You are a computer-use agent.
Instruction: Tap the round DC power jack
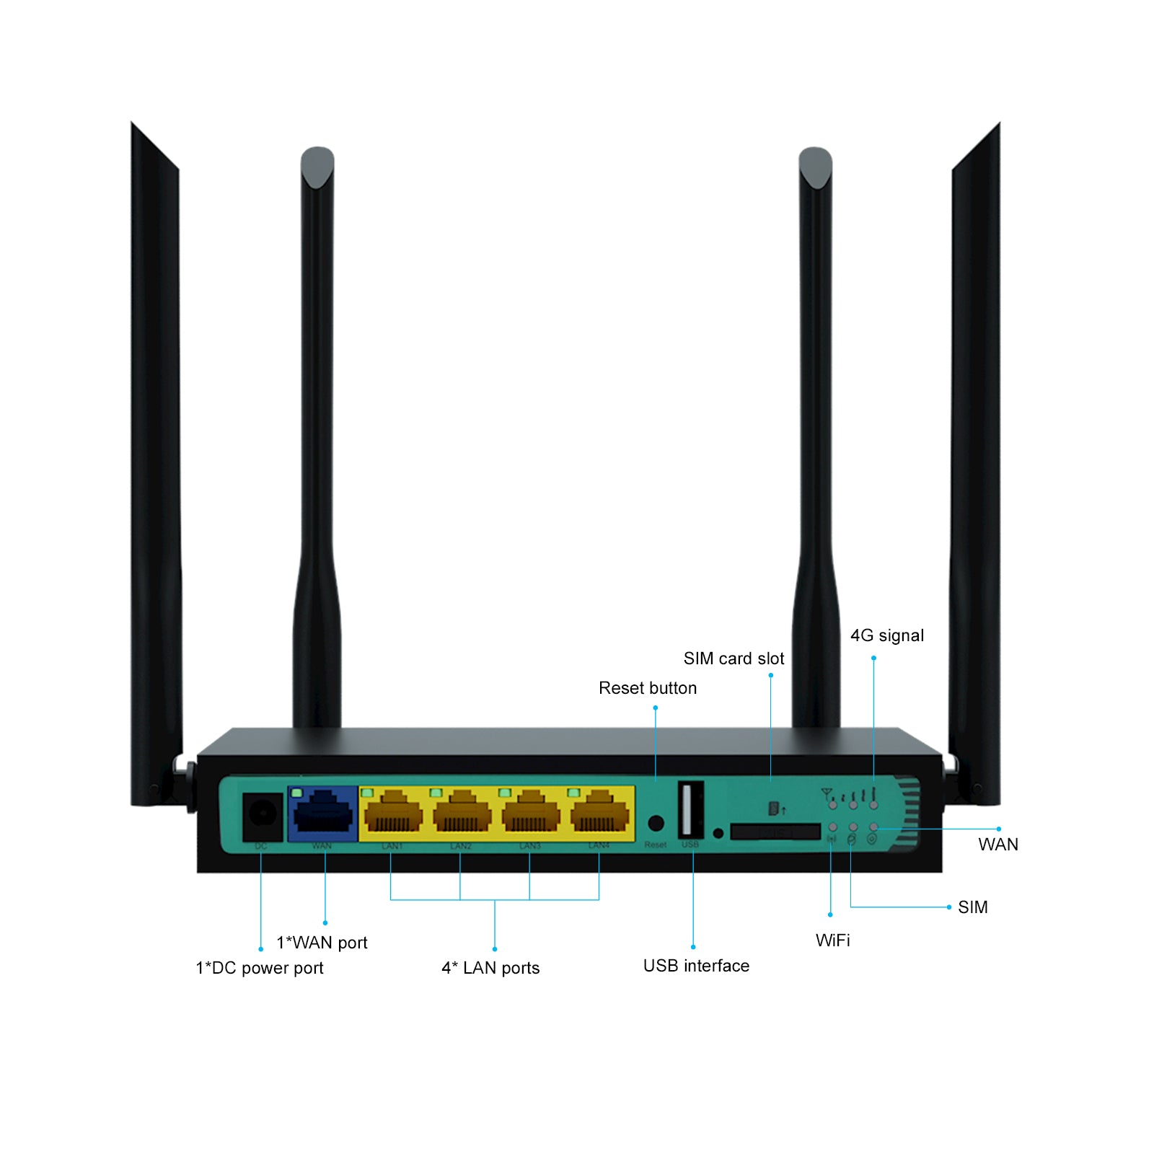(x=262, y=814)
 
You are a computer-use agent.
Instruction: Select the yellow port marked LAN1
(x=393, y=814)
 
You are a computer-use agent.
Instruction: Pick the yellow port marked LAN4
(x=599, y=814)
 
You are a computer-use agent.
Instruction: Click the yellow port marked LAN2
(x=462, y=814)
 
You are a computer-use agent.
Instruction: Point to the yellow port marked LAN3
(x=531, y=814)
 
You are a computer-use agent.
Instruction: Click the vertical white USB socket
(x=690, y=809)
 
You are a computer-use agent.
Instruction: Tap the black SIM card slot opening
(x=775, y=832)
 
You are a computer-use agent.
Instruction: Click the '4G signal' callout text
(x=886, y=635)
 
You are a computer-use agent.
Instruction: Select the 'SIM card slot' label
(x=734, y=659)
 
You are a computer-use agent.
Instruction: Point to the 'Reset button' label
(x=648, y=688)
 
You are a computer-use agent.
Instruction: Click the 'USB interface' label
(x=696, y=966)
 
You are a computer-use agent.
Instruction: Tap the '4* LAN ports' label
(x=490, y=968)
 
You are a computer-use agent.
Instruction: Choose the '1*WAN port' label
(x=322, y=943)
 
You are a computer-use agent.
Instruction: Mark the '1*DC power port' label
(x=260, y=968)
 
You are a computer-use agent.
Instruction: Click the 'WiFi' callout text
(x=832, y=941)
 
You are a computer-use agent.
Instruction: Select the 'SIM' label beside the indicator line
(x=972, y=907)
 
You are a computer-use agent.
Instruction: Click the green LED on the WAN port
(x=296, y=793)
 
